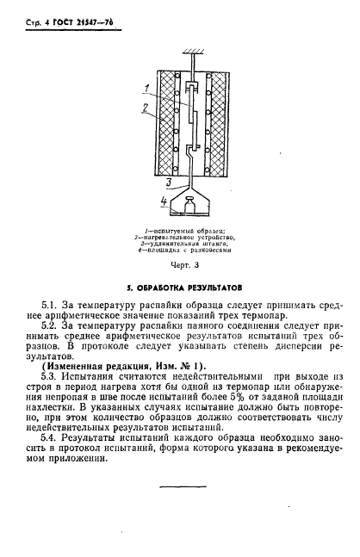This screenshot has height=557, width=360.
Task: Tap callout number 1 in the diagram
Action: coord(147,87)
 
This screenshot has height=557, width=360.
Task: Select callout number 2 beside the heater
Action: coord(147,108)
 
